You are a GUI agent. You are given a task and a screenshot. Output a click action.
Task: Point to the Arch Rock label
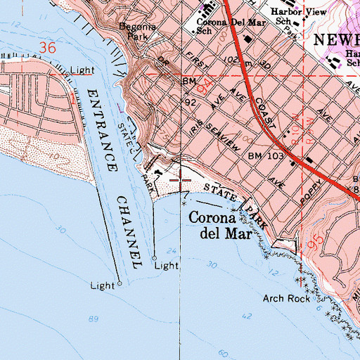(x=286, y=298)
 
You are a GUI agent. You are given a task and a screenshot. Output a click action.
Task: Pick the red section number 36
(x=48, y=47)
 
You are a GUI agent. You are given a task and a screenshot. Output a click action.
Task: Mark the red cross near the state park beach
(x=181, y=180)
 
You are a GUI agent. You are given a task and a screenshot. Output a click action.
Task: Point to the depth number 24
(x=170, y=250)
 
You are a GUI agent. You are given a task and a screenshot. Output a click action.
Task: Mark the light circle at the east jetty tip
(x=155, y=258)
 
